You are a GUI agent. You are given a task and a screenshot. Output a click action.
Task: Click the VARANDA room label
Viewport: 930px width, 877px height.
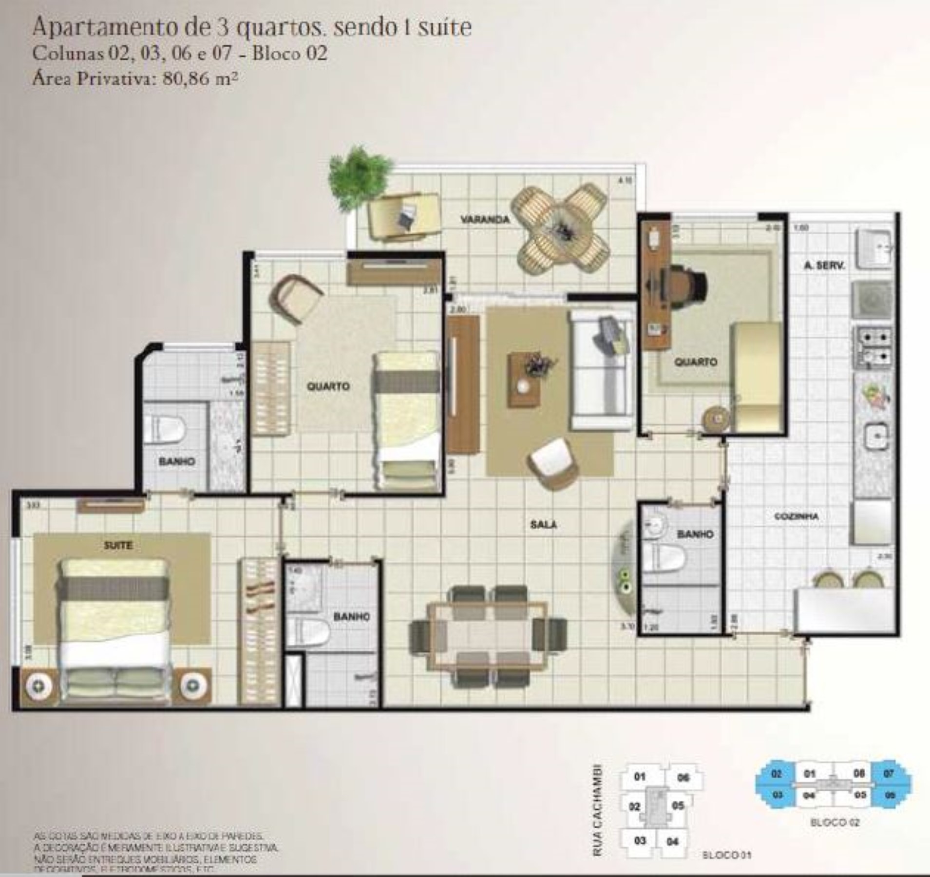coord(485,220)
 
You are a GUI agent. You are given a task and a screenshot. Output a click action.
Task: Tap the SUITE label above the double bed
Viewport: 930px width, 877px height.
coord(118,546)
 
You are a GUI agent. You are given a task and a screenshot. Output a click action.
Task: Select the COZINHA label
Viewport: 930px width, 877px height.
coord(797,516)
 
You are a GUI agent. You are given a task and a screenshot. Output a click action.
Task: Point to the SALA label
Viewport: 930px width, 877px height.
coord(544,524)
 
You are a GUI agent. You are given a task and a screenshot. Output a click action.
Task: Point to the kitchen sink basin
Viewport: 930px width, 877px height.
coord(875,435)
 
